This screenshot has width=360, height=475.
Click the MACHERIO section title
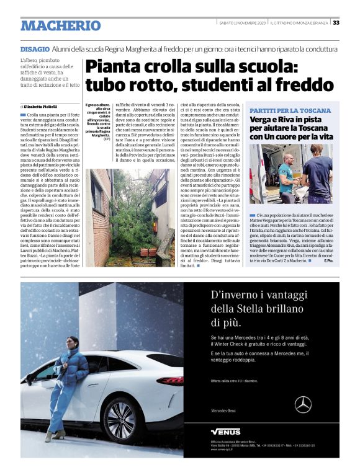click(60, 25)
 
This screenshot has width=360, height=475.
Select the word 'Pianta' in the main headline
click(115, 67)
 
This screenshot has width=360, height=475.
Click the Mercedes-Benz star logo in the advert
click(303, 404)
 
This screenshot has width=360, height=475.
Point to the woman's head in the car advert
click(72, 343)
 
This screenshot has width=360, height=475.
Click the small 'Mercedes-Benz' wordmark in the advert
click(223, 411)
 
